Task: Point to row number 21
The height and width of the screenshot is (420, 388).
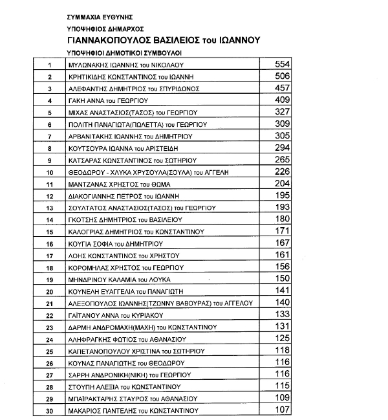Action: pos(49,303)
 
